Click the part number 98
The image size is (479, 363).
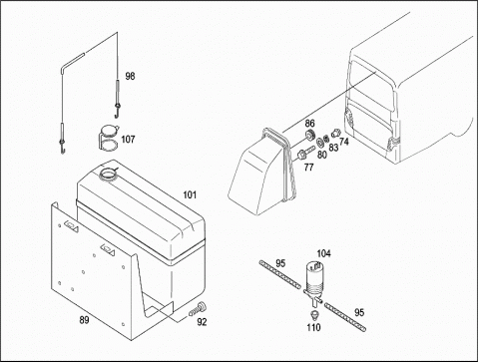(x=130, y=76)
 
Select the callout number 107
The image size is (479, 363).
(x=128, y=139)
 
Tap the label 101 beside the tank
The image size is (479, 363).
(x=190, y=194)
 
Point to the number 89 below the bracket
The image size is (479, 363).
(x=84, y=320)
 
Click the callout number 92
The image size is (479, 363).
(x=202, y=322)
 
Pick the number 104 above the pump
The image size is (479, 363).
(x=323, y=253)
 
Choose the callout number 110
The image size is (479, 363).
(x=313, y=327)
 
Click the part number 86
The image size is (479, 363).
(x=309, y=124)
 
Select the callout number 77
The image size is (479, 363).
(x=308, y=168)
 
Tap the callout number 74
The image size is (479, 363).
(x=344, y=142)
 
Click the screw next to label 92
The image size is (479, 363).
(x=197, y=309)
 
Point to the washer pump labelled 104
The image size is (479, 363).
(x=312, y=282)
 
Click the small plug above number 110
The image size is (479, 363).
(x=313, y=315)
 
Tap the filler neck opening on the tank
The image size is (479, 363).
(x=108, y=174)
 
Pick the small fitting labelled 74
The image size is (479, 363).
(x=336, y=133)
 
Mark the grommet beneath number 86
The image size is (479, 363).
(x=310, y=136)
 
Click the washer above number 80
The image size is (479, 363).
(x=321, y=143)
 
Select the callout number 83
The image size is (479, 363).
(x=333, y=148)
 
